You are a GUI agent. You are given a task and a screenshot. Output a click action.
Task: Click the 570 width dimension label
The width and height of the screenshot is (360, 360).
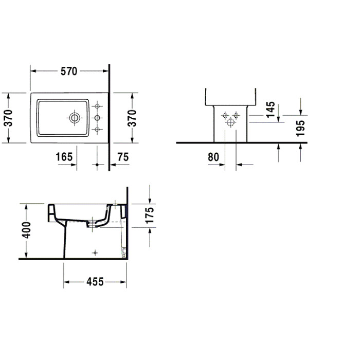(68, 71)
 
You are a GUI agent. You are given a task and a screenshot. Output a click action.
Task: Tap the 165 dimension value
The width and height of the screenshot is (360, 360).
(64, 157)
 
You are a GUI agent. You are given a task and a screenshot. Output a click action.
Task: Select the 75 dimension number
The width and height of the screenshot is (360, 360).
(123, 157)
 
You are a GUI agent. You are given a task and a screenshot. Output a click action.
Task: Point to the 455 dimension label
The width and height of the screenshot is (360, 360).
(95, 282)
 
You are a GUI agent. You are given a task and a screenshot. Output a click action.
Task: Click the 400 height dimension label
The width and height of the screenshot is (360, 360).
(26, 230)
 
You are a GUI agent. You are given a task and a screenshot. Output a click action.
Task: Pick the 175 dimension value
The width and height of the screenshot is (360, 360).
(150, 215)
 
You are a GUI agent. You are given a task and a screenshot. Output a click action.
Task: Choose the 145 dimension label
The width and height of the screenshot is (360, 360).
(271, 110)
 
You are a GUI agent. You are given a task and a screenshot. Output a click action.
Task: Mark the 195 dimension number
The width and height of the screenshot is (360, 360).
(300, 129)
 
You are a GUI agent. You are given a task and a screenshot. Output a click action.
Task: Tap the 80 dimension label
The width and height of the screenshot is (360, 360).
(213, 157)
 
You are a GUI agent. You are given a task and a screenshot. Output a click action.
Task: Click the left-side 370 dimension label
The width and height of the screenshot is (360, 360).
(8, 118)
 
